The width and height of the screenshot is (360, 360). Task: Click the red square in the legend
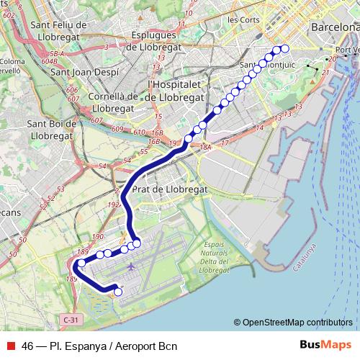point(11,346)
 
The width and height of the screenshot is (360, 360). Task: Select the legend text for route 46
point(99,346)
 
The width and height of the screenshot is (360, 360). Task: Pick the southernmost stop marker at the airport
point(118,292)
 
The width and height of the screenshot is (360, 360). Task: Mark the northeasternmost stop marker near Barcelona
point(284,49)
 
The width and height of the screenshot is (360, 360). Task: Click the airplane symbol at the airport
point(131,267)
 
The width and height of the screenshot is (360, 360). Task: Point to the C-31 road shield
point(70,318)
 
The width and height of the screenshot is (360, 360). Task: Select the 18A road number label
point(206,147)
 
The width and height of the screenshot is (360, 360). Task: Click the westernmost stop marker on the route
point(81,264)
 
